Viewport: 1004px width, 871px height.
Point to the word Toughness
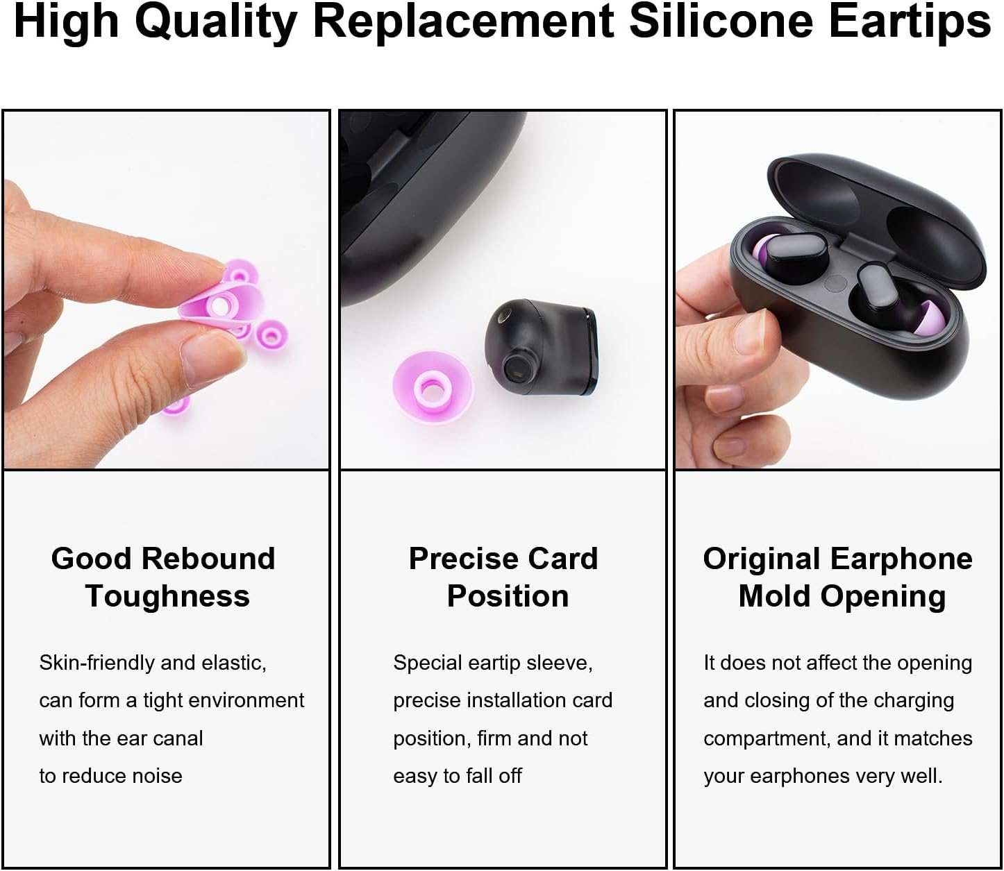(x=167, y=596)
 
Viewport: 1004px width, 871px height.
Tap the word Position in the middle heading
(x=508, y=596)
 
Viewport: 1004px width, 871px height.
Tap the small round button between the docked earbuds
(x=837, y=282)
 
